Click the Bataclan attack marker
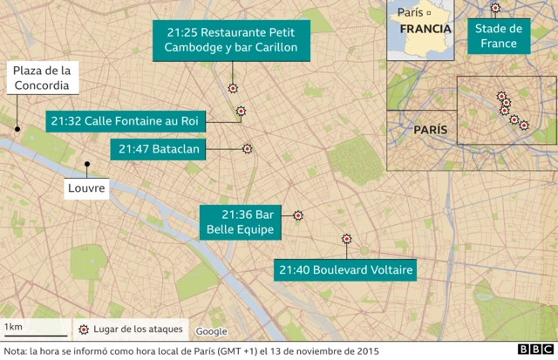(247, 149)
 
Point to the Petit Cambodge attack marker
(233, 88)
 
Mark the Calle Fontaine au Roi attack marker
(241, 111)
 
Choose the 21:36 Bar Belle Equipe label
(241, 223)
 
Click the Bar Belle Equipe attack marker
(297, 215)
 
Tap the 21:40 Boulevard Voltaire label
(345, 270)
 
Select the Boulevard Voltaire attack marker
(346, 237)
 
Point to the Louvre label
(86, 187)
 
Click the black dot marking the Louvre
(86, 164)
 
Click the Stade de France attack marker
(495, 9)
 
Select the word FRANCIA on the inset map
(425, 29)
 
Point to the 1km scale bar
(35, 335)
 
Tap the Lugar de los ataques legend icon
(84, 329)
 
